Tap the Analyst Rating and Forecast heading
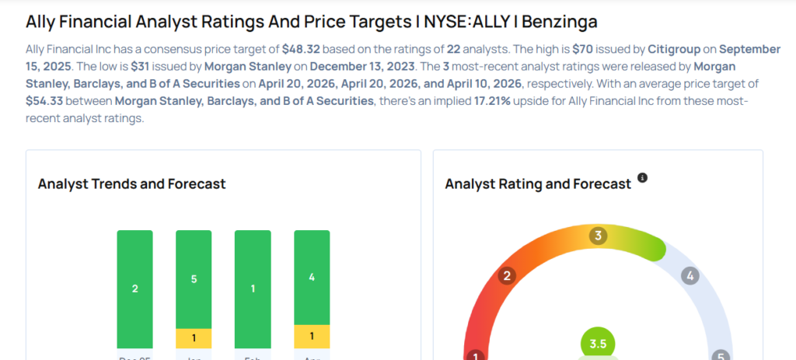point(538,184)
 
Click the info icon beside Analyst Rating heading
point(642,178)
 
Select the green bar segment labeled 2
point(135,288)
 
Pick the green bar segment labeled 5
point(194,278)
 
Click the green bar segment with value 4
point(312,277)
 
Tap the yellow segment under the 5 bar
point(194,338)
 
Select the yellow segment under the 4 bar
point(312,336)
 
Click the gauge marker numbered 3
point(598,236)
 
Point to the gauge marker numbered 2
point(508,276)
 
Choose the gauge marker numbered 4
point(689,275)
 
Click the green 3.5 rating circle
point(598,344)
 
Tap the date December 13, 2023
point(346,66)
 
